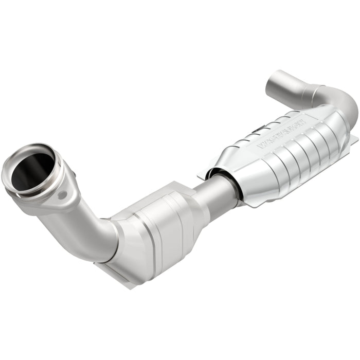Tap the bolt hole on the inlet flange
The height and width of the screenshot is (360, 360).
pos(62,195)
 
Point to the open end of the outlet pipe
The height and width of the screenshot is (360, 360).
pos(277,83)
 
